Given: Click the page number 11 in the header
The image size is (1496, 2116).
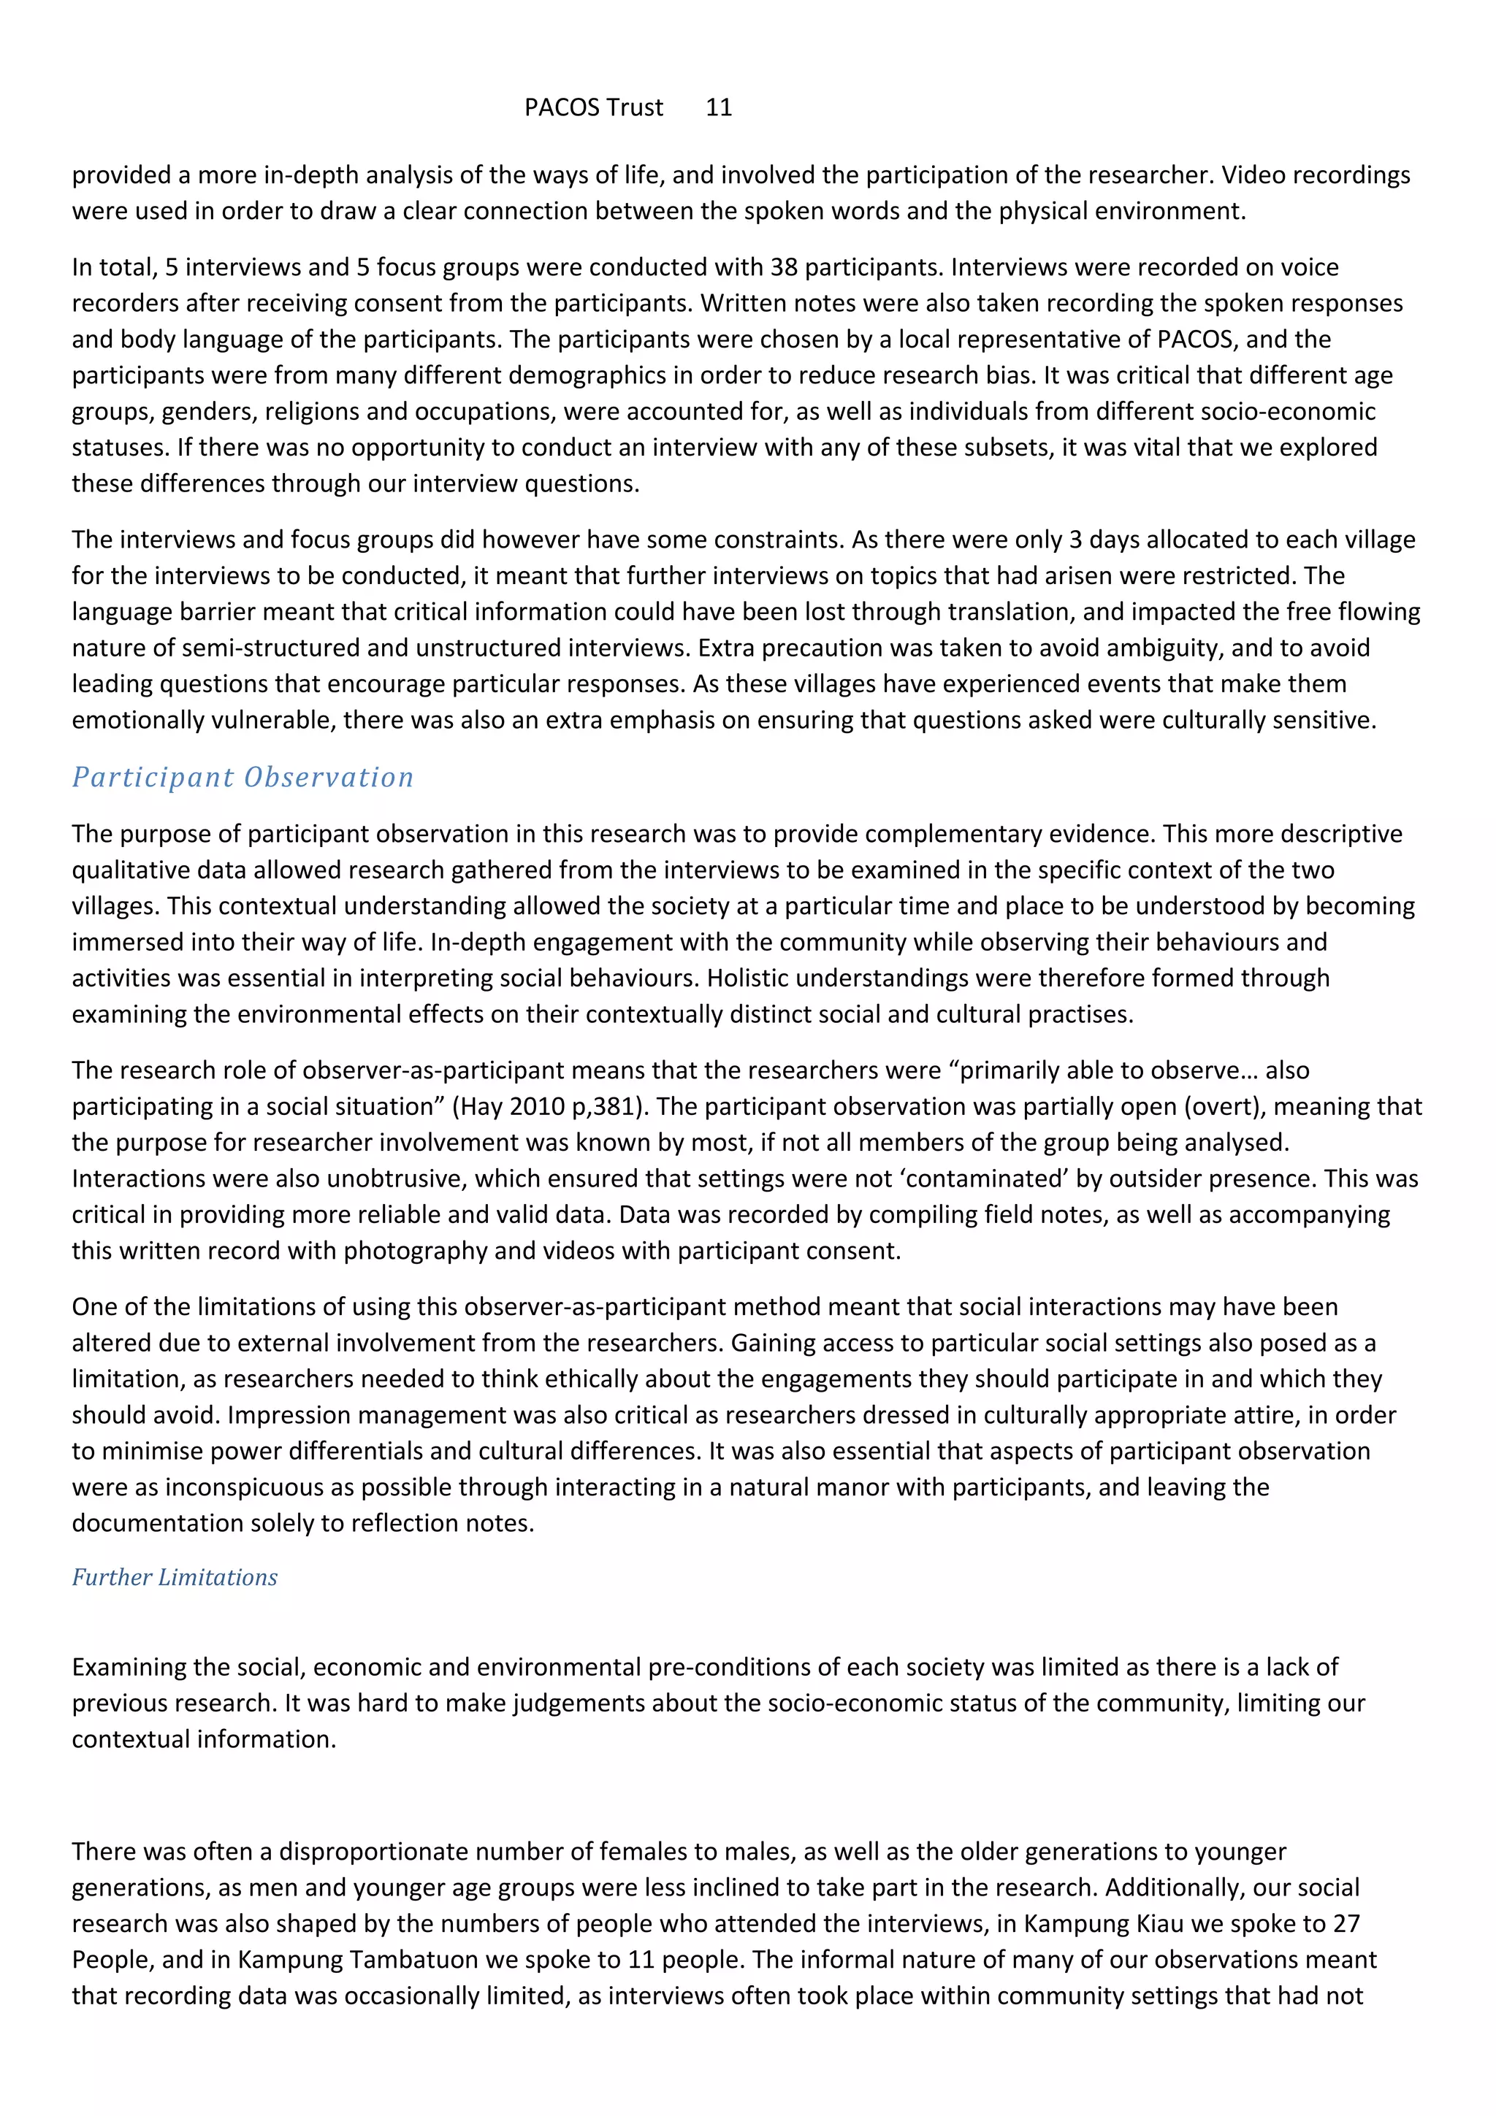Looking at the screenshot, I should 718,108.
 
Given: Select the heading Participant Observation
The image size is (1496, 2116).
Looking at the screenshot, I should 243,777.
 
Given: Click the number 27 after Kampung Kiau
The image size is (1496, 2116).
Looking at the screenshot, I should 1346,1923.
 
